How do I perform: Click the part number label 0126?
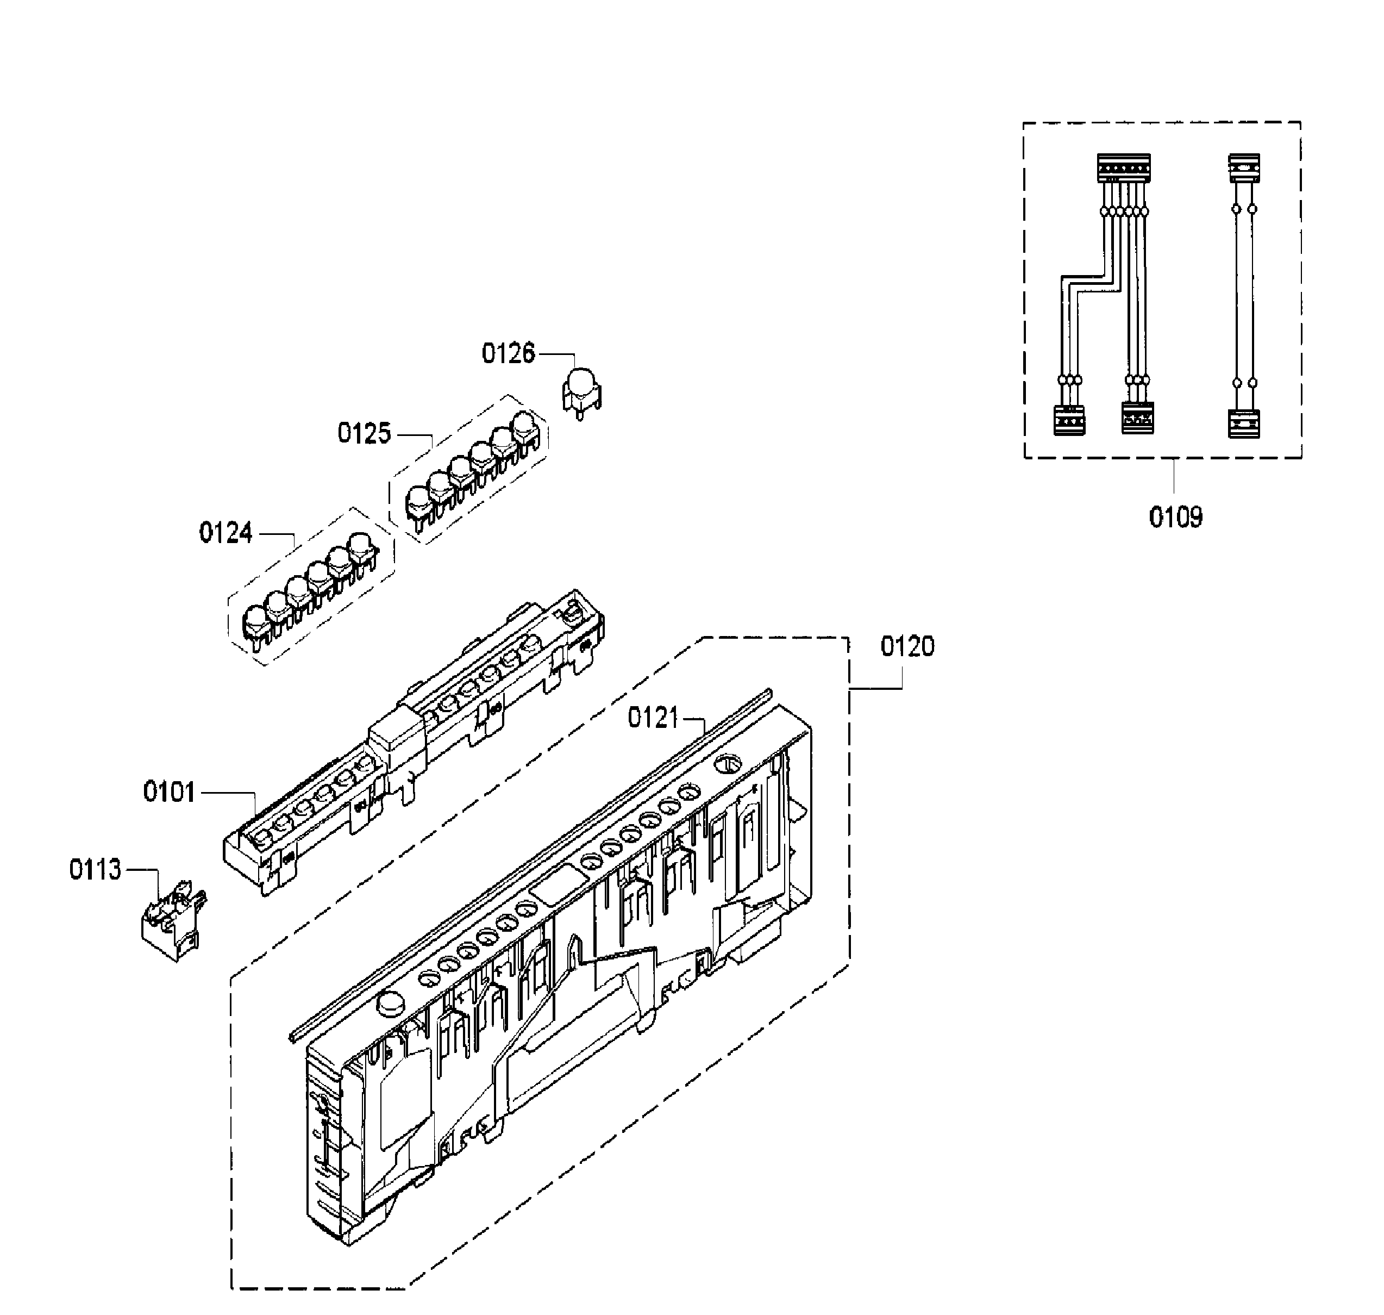click(x=508, y=353)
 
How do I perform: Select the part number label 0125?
click(x=364, y=433)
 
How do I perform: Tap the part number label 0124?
click(x=226, y=533)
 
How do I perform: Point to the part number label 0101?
click(x=169, y=792)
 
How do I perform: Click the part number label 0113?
click(x=95, y=870)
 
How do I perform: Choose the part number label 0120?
click(x=907, y=646)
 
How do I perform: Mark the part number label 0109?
click(x=1175, y=518)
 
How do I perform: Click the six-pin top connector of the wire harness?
click(x=1123, y=168)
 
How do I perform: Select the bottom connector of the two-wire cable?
click(x=1244, y=423)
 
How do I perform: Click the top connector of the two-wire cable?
click(x=1244, y=168)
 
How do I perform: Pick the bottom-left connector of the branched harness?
click(x=1069, y=421)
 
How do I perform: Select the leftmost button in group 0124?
click(x=255, y=621)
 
